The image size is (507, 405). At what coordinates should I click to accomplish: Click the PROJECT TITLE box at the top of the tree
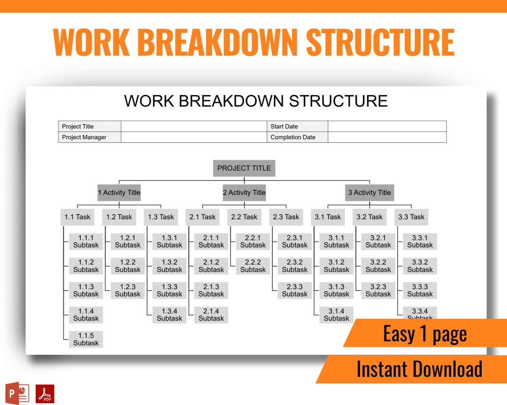(244, 168)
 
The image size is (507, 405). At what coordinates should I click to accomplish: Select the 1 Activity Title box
(119, 193)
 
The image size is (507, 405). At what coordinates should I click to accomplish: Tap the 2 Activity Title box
(244, 193)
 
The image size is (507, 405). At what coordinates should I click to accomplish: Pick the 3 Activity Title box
(369, 193)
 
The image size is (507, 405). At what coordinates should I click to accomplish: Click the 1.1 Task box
(77, 217)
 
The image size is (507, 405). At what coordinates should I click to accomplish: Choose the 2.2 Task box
(244, 217)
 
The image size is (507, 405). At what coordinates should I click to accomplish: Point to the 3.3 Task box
(411, 217)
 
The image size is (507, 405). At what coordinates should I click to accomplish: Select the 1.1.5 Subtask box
(86, 339)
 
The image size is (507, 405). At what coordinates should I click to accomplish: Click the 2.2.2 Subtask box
(253, 266)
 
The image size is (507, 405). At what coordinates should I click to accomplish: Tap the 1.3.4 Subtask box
(169, 315)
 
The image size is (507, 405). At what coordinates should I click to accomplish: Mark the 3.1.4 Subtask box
(337, 315)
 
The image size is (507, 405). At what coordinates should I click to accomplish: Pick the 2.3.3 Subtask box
(295, 290)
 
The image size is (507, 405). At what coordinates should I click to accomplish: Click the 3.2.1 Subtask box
(378, 241)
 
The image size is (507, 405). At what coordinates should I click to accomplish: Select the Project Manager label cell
(90, 137)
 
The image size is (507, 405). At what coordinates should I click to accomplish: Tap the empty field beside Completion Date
(387, 137)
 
